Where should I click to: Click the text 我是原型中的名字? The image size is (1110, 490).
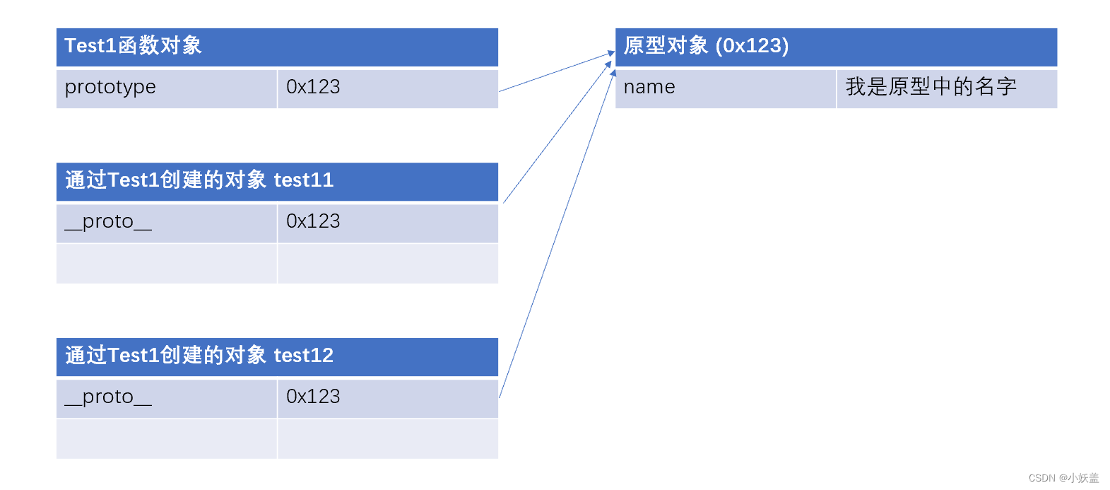(x=931, y=87)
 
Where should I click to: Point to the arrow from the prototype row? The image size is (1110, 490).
(x=557, y=71)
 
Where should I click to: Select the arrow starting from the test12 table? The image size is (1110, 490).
(x=557, y=233)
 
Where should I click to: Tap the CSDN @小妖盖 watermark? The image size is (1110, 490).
(x=1063, y=478)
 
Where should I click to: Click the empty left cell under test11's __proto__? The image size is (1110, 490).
(x=166, y=264)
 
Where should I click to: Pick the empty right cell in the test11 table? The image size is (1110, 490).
(x=388, y=264)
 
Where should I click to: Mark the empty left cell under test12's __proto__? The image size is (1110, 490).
(x=166, y=439)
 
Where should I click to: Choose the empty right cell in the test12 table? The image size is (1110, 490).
(x=388, y=439)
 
